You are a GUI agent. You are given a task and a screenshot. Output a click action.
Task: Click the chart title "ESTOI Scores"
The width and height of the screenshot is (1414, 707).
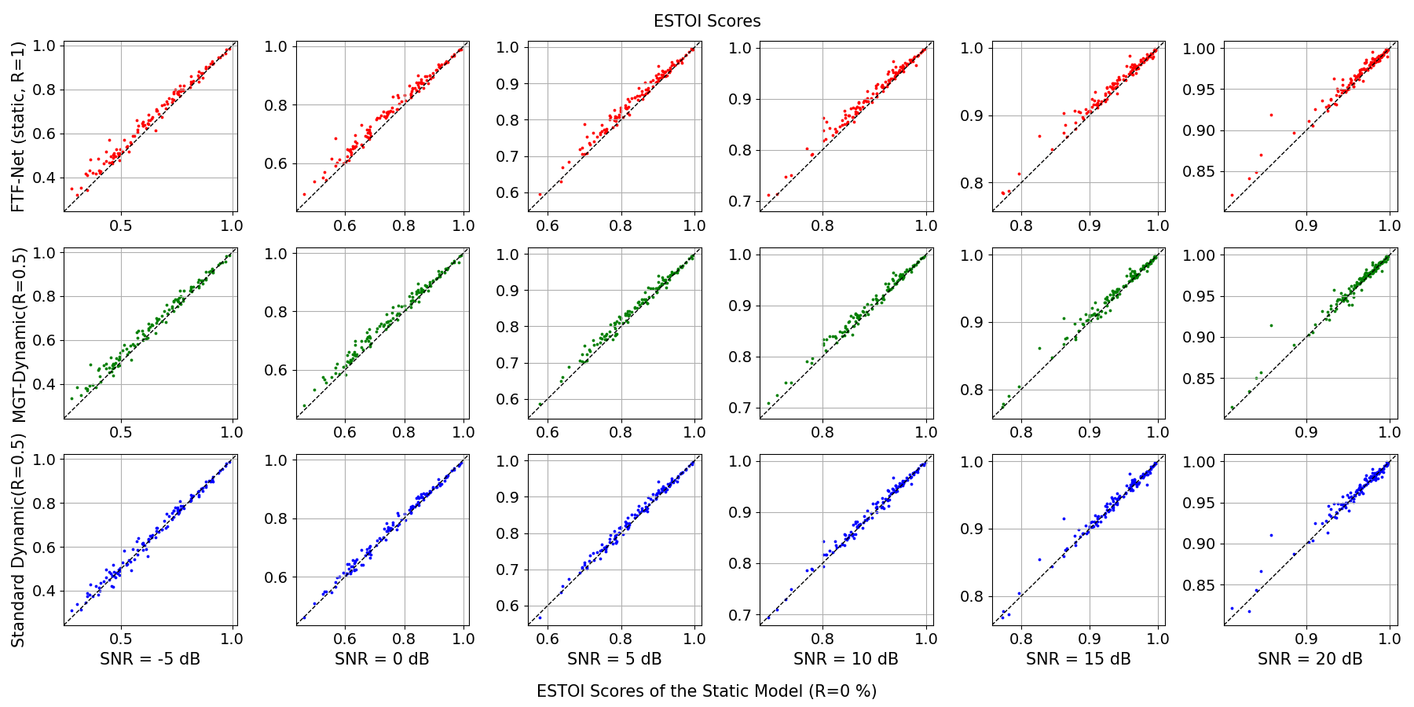coord(707,21)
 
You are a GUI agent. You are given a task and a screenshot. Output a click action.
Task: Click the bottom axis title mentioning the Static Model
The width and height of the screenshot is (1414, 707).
coord(706,691)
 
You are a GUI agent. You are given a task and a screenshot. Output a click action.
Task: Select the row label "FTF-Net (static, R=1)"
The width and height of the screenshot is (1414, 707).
coord(19,126)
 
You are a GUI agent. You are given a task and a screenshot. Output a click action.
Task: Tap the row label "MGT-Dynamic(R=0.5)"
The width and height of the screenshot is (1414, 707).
coord(19,335)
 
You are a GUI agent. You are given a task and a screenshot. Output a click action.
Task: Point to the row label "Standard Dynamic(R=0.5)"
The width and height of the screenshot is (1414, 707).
coord(19,541)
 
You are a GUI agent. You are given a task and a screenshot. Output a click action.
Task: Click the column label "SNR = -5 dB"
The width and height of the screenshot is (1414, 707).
coord(150,659)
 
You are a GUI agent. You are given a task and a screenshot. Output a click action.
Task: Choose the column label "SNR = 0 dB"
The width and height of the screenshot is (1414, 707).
coord(382,659)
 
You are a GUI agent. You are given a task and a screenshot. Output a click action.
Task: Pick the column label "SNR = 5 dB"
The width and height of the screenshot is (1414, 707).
coord(614,659)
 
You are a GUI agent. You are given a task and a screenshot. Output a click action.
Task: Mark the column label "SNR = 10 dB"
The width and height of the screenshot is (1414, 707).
coord(845,659)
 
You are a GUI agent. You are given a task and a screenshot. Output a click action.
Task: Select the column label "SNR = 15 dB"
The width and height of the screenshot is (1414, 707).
coord(1078,659)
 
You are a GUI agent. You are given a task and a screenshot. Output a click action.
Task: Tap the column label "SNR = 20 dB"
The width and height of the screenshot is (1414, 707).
coord(1310,659)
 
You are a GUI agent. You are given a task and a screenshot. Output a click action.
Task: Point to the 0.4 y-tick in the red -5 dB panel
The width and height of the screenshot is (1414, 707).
coord(44,178)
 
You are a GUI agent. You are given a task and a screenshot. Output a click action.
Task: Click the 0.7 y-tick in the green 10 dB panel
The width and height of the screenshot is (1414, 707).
coord(739,408)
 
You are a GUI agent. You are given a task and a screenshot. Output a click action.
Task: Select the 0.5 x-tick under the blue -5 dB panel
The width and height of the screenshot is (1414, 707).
coord(120,639)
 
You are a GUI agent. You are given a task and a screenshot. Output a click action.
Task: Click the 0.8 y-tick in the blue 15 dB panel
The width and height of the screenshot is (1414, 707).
coord(971,596)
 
